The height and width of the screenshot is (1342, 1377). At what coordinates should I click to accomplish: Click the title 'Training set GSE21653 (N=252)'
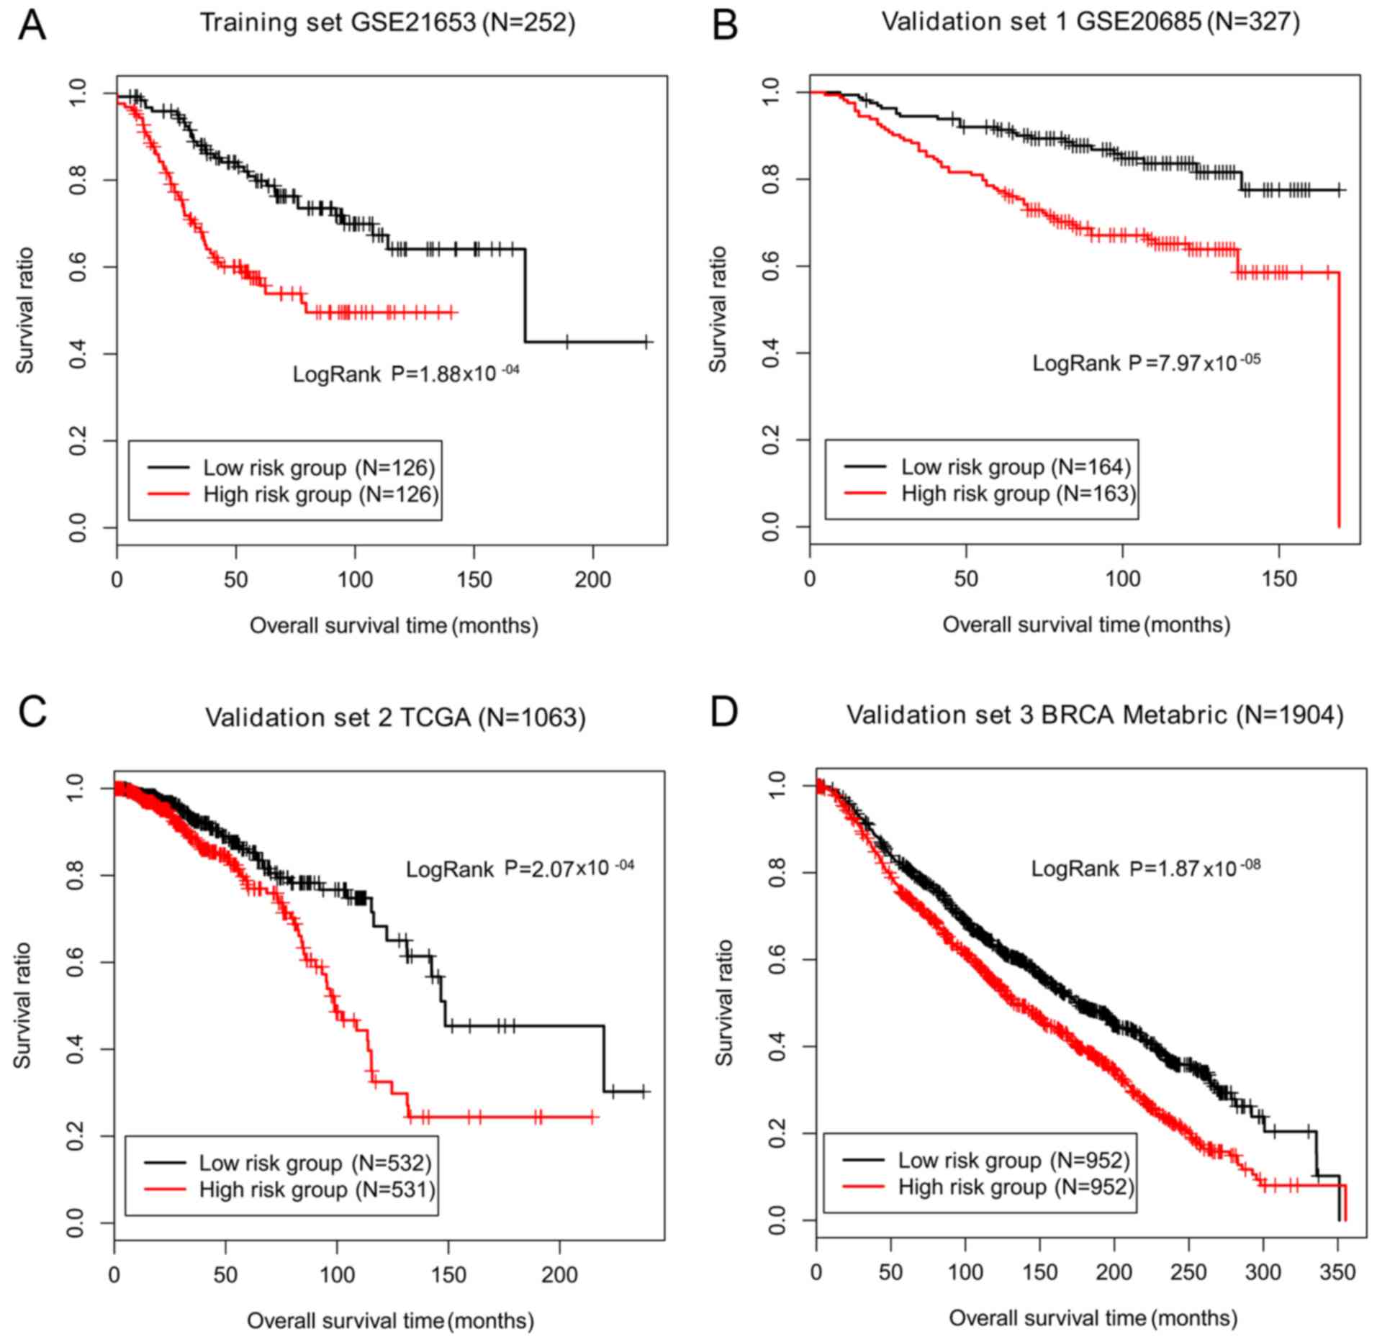click(x=387, y=23)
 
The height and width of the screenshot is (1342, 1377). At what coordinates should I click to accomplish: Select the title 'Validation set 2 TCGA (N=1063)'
click(x=395, y=717)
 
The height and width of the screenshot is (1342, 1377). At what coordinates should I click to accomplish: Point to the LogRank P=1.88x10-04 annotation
click(x=405, y=373)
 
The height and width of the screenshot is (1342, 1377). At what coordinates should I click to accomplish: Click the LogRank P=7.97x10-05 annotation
click(x=1146, y=362)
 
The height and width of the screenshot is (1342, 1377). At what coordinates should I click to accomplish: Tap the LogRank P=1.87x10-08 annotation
click(x=1145, y=869)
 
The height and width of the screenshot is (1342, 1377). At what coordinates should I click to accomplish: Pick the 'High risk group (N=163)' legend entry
click(x=1018, y=494)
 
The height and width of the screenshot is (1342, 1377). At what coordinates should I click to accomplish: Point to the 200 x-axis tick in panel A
click(x=592, y=579)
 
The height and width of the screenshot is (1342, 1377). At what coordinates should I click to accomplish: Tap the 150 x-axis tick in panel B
click(x=1278, y=579)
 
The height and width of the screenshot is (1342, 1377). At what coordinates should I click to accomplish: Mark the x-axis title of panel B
click(x=1086, y=624)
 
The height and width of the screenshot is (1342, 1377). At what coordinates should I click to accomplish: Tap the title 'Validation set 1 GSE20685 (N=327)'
click(x=1091, y=22)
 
